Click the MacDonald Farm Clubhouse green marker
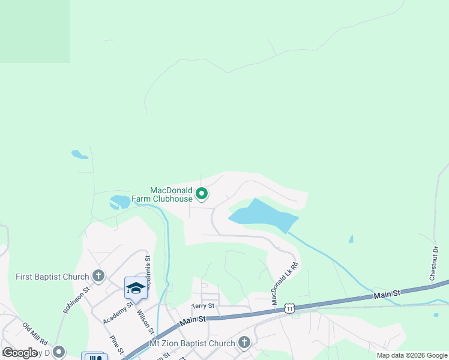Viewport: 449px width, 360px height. coord(202,193)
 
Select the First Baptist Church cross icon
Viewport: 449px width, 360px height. coord(99,276)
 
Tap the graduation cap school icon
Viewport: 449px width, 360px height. coord(136,288)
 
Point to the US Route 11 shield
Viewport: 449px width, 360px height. coord(290,308)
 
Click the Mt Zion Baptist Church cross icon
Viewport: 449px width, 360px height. coord(244,343)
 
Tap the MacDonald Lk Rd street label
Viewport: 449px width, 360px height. coord(285,283)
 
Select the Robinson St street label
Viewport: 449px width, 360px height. coord(76,299)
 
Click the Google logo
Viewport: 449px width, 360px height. coord(20,352)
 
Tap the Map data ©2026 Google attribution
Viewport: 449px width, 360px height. coord(412,355)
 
